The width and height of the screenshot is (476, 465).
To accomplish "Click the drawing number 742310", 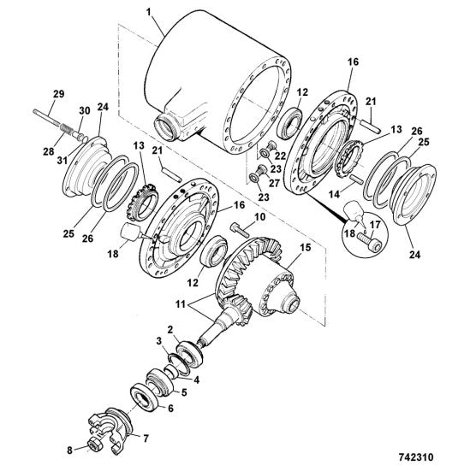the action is pyautogui.click(x=415, y=456).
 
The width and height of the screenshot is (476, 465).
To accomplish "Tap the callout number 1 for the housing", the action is pyautogui.click(x=148, y=12).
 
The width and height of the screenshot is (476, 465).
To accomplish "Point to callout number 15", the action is pyautogui.click(x=306, y=247).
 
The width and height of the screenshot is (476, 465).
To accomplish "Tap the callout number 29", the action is pyautogui.click(x=58, y=94).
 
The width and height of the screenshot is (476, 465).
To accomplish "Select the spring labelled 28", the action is pyautogui.click(x=67, y=129).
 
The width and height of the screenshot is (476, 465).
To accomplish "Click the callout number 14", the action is pyautogui.click(x=334, y=194).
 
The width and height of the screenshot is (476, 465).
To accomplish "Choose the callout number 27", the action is pyautogui.click(x=274, y=183).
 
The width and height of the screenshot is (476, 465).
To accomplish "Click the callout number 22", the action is pyautogui.click(x=280, y=156).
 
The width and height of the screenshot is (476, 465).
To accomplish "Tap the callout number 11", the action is pyautogui.click(x=181, y=304).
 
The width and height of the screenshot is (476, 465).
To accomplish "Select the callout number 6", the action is pyautogui.click(x=171, y=409).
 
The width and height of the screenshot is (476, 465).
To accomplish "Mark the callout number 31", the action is pyautogui.click(x=62, y=160).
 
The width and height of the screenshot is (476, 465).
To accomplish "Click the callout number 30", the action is pyautogui.click(x=85, y=111).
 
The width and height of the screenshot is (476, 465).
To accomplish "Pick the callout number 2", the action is pyautogui.click(x=170, y=329).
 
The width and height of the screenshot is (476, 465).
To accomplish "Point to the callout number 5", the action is pyautogui.click(x=184, y=392).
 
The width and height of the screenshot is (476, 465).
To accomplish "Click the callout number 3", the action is pyautogui.click(x=158, y=341).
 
